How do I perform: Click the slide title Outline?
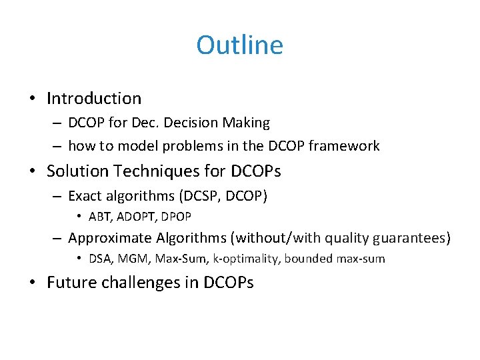tap(239, 45)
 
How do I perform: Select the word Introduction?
tap(94, 99)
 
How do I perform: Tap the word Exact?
tap(85, 196)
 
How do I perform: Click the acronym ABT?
tap(101, 217)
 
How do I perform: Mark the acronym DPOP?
tap(175, 217)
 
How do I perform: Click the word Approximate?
tap(109, 238)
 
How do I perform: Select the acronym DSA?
tap(101, 259)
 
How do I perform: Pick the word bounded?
tap(308, 259)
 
